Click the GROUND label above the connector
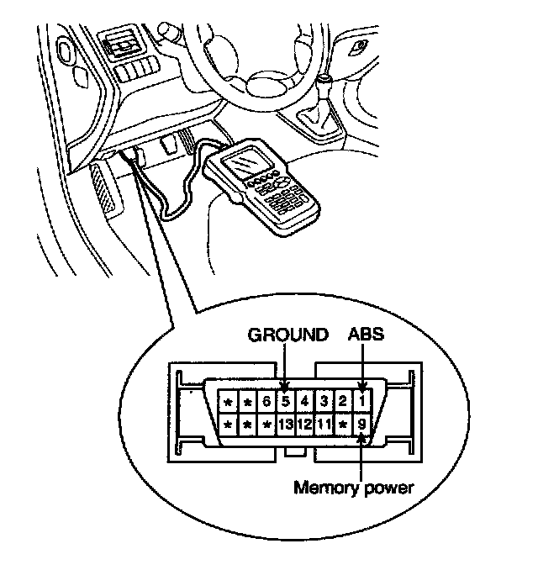287,335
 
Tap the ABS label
366,335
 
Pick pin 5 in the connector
285,401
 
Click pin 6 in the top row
266,401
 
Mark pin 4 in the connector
305,401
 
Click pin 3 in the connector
324,401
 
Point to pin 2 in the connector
343,401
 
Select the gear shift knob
324,83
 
